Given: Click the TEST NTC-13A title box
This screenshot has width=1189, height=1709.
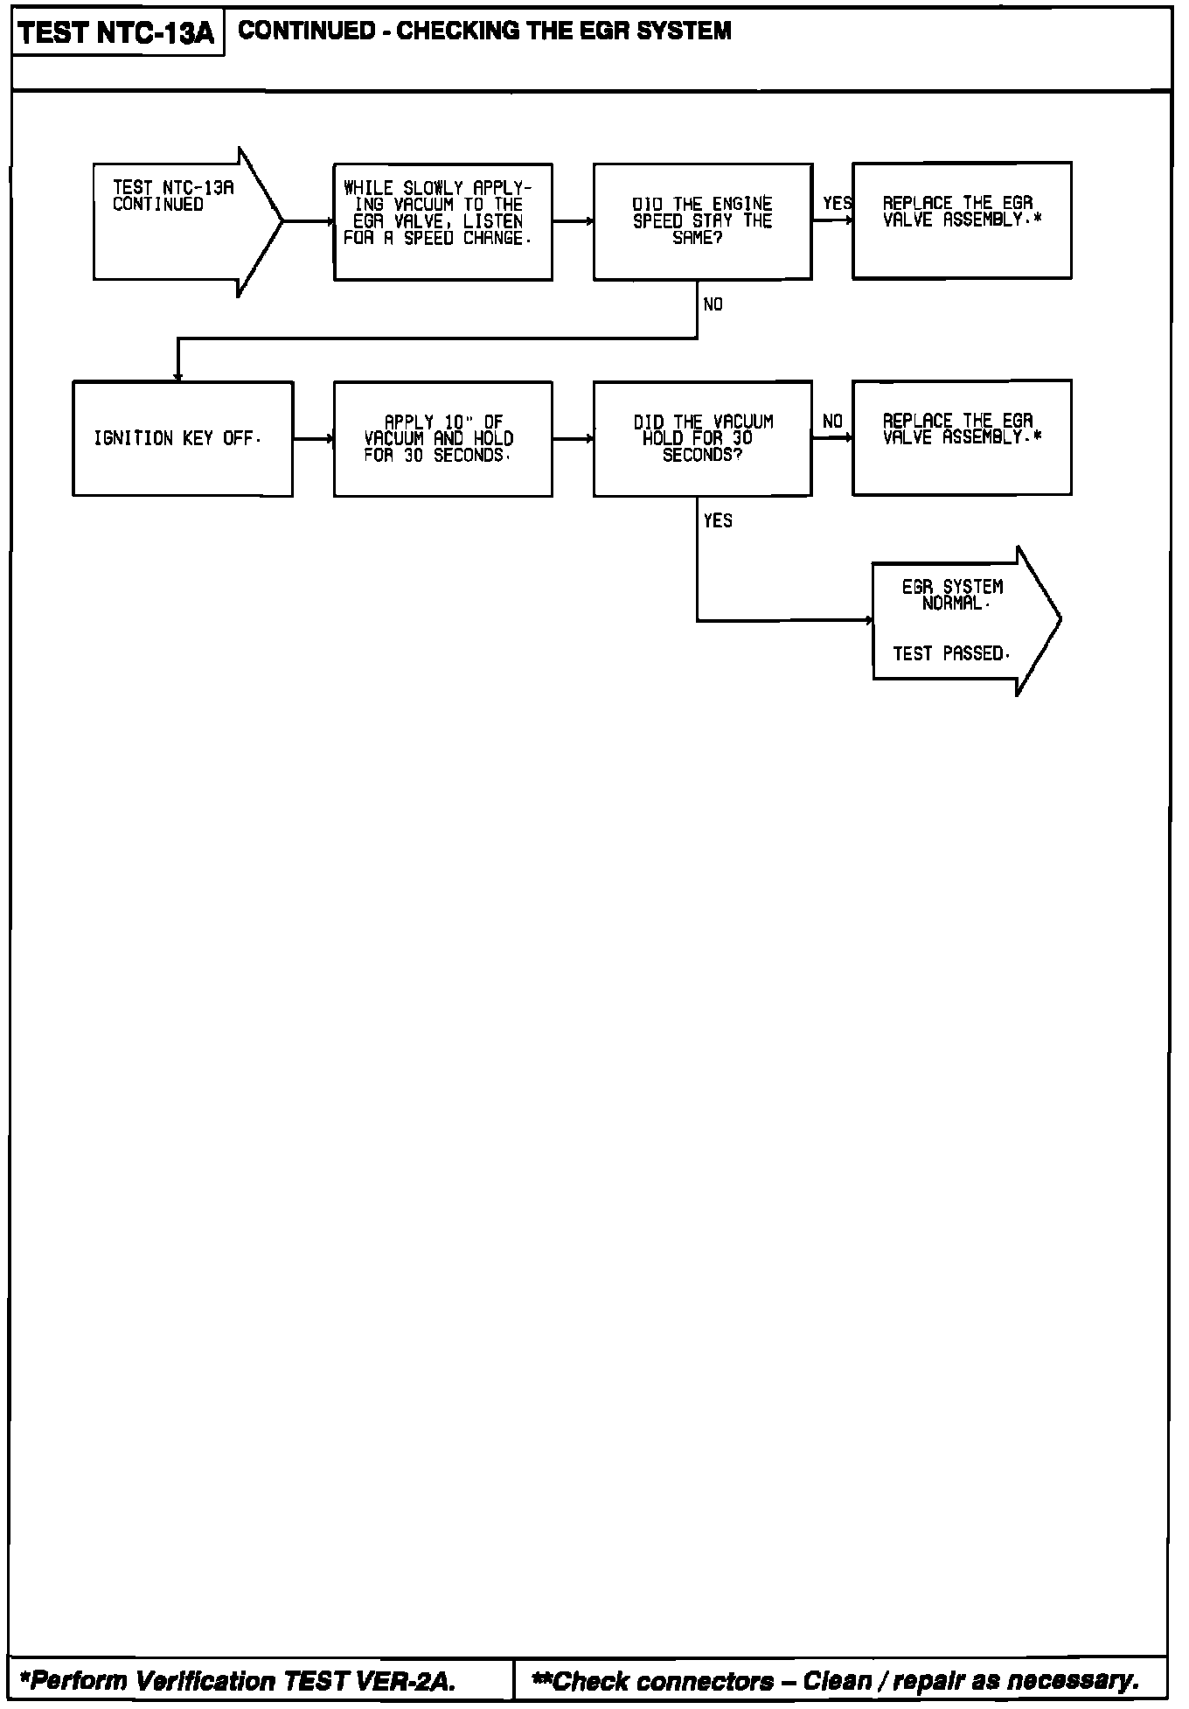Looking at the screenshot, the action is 117,33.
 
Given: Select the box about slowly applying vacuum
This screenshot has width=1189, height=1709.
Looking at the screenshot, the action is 442,221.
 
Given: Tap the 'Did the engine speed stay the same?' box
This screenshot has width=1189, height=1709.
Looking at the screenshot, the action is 702,221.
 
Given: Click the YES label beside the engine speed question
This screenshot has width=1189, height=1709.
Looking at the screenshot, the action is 837,204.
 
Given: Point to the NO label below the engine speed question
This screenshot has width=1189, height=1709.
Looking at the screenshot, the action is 713,305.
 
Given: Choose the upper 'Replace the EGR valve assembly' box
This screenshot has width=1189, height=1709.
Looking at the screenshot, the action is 962,220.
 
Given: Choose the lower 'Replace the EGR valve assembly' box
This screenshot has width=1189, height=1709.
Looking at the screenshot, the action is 962,437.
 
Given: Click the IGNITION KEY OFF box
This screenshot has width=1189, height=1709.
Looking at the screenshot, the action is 182,438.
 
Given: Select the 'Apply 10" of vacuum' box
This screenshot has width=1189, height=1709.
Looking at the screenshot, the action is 442,438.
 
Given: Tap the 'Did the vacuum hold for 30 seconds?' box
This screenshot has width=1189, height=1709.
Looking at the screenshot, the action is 702,438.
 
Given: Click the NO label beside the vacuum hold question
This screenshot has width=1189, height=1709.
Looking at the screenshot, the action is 832,422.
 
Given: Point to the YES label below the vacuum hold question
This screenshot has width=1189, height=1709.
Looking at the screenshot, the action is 718,521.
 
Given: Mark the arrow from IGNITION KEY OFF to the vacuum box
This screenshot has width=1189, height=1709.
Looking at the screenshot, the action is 313,438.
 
